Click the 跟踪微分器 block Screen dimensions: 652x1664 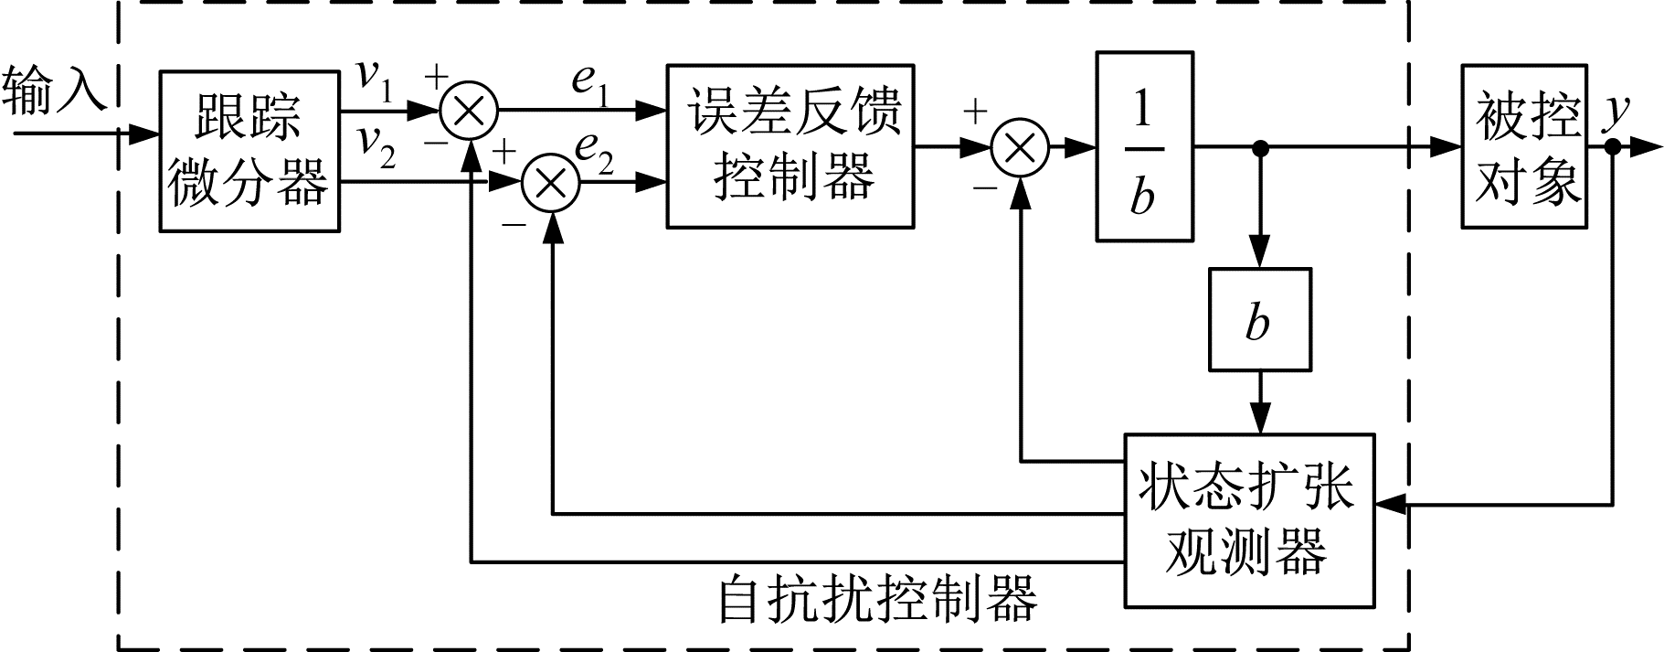tap(249, 151)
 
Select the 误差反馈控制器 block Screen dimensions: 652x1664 tap(790, 145)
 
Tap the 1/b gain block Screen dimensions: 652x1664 tap(1143, 146)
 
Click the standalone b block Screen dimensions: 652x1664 tap(1259, 319)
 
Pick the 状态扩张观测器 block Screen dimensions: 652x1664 tap(1248, 519)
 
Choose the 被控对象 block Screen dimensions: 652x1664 tap(1523, 146)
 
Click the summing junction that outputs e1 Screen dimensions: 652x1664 tap(469, 111)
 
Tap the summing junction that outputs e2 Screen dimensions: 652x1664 tap(550, 183)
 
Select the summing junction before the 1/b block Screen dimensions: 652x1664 tap(1020, 146)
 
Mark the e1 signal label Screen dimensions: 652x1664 tap(589, 83)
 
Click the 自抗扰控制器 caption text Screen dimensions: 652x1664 tap(877, 599)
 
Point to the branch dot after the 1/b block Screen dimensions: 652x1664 tap(1260, 146)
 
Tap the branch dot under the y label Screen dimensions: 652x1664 tap(1614, 146)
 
